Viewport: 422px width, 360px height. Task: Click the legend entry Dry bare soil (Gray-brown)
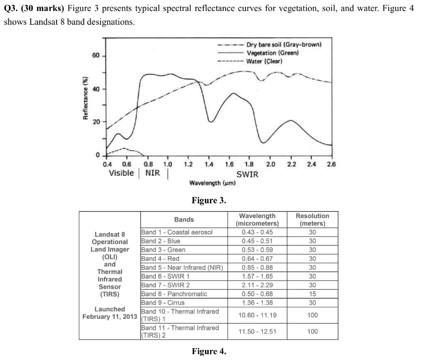click(284, 45)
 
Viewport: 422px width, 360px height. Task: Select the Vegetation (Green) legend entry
click(272, 53)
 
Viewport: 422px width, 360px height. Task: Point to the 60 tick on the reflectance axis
click(96, 56)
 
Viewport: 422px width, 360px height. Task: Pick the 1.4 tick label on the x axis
click(209, 164)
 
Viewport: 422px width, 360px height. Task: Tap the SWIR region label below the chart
click(247, 174)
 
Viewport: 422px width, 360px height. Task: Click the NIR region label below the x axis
click(153, 173)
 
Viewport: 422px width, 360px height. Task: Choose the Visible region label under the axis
click(121, 173)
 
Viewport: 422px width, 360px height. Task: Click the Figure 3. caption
click(209, 201)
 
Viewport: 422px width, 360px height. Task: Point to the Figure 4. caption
click(209, 352)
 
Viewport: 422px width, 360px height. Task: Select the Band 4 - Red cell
click(160, 258)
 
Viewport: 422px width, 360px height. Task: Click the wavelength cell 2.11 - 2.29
click(257, 285)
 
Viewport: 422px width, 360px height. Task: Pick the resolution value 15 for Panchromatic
click(312, 294)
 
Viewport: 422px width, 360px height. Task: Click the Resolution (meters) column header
click(312, 220)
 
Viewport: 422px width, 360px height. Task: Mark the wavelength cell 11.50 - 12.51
click(257, 331)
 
